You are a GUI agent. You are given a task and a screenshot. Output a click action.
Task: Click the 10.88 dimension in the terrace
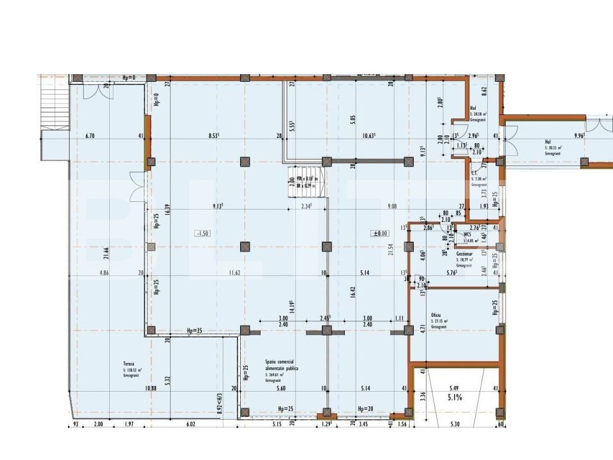pyautogui.click(x=151, y=388)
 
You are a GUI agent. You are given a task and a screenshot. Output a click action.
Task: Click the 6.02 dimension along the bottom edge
pyautogui.click(x=190, y=424)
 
